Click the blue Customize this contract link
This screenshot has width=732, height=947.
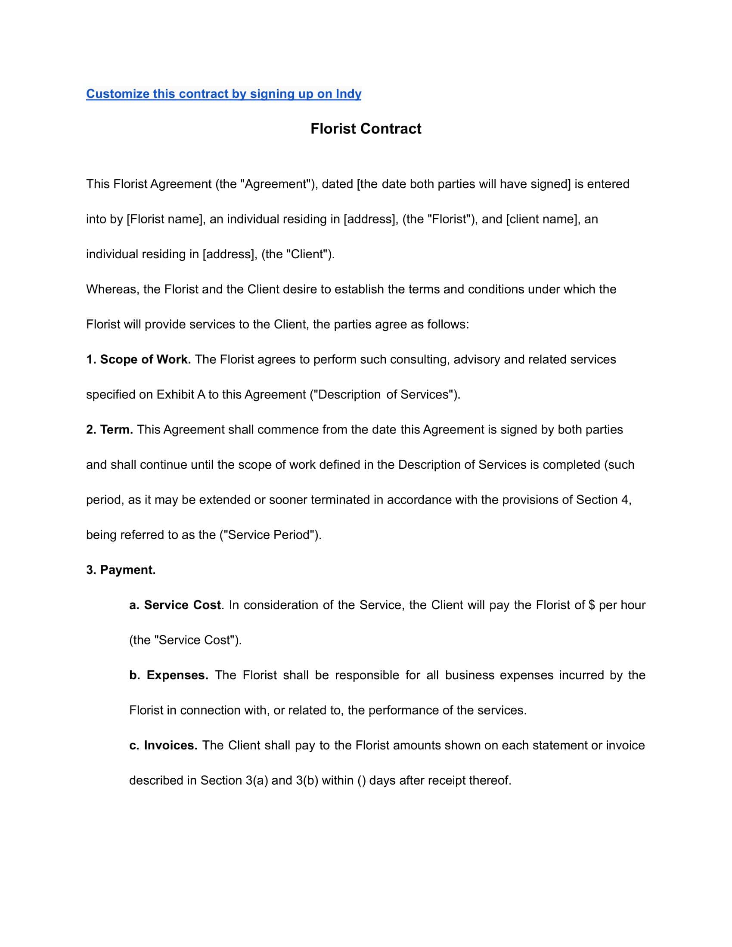pyautogui.click(x=223, y=94)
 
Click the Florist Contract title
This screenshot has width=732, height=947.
pyautogui.click(x=366, y=129)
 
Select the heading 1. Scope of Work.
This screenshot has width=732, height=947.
pyautogui.click(x=138, y=359)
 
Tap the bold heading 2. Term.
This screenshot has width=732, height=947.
pyautogui.click(x=109, y=430)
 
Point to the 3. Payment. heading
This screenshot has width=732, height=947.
pyautogui.click(x=121, y=570)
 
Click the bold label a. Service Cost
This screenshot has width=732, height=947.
pyautogui.click(x=175, y=605)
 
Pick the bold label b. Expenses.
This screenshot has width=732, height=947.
pyautogui.click(x=169, y=675)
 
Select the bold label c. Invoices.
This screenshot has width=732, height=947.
pyautogui.click(x=163, y=746)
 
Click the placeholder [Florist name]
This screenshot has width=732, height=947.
pyautogui.click(x=165, y=220)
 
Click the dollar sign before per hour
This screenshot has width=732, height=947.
pyautogui.click(x=592, y=605)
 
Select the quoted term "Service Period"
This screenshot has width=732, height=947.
pyautogui.click(x=270, y=535)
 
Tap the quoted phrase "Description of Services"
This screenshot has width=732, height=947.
pyautogui.click(x=384, y=395)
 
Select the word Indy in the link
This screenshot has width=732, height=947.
pyautogui.click(x=348, y=94)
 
